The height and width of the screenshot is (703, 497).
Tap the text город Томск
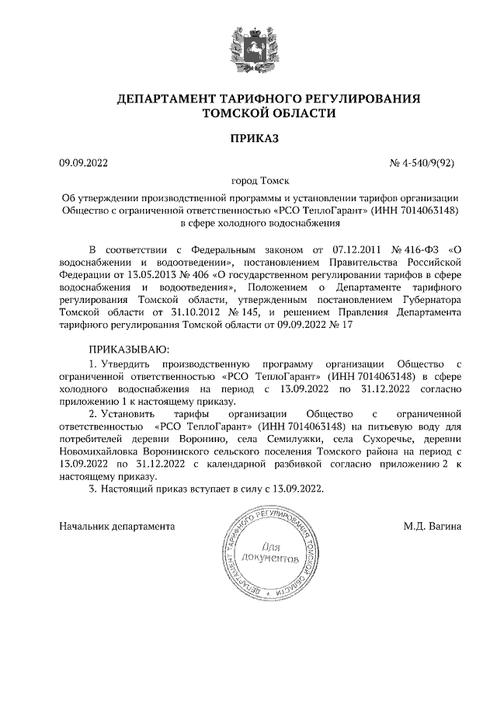click(248, 181)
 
